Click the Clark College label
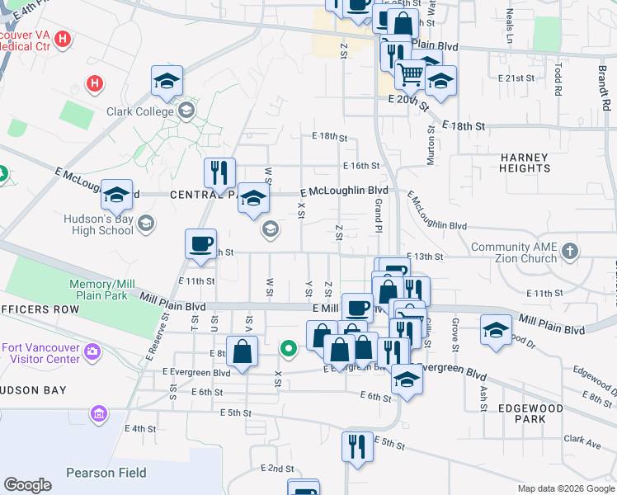click(x=139, y=111)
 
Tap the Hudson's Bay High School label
click(x=98, y=224)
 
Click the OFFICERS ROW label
click(x=40, y=309)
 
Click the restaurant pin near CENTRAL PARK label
click(x=219, y=172)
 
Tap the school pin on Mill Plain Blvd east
click(x=495, y=330)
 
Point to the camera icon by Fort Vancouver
click(x=92, y=352)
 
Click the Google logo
click(x=27, y=485)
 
